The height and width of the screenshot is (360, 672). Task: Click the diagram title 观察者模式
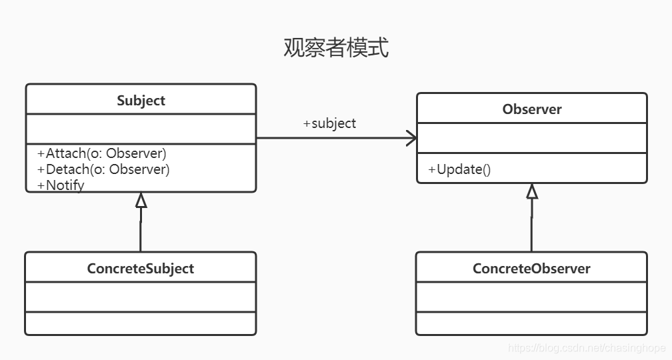point(336,48)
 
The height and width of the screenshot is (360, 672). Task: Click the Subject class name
point(141,101)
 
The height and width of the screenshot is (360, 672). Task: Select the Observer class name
point(531,109)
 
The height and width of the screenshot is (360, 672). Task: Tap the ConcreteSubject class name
point(141,269)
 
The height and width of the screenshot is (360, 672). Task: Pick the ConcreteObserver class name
point(531,269)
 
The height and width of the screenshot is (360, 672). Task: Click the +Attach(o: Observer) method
point(102,153)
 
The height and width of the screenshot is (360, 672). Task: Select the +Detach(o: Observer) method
point(103,169)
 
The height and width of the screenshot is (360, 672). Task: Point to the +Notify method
point(61,185)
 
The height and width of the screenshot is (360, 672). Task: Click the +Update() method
point(459,169)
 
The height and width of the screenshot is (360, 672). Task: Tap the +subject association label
point(329,123)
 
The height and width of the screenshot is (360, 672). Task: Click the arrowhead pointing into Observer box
point(411,138)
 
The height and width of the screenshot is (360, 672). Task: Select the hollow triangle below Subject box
point(141,200)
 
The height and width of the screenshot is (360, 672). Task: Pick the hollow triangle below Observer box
point(531,191)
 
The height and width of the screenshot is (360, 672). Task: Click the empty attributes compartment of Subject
point(141,128)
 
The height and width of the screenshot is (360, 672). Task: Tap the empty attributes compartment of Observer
point(531,137)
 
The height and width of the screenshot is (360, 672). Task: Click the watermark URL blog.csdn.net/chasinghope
point(587,348)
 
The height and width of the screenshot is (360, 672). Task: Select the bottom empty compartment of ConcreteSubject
point(141,323)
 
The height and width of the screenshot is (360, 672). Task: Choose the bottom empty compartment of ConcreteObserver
point(531,323)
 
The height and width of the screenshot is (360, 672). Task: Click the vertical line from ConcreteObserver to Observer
point(531,227)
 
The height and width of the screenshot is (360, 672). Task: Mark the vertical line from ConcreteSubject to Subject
point(141,231)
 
